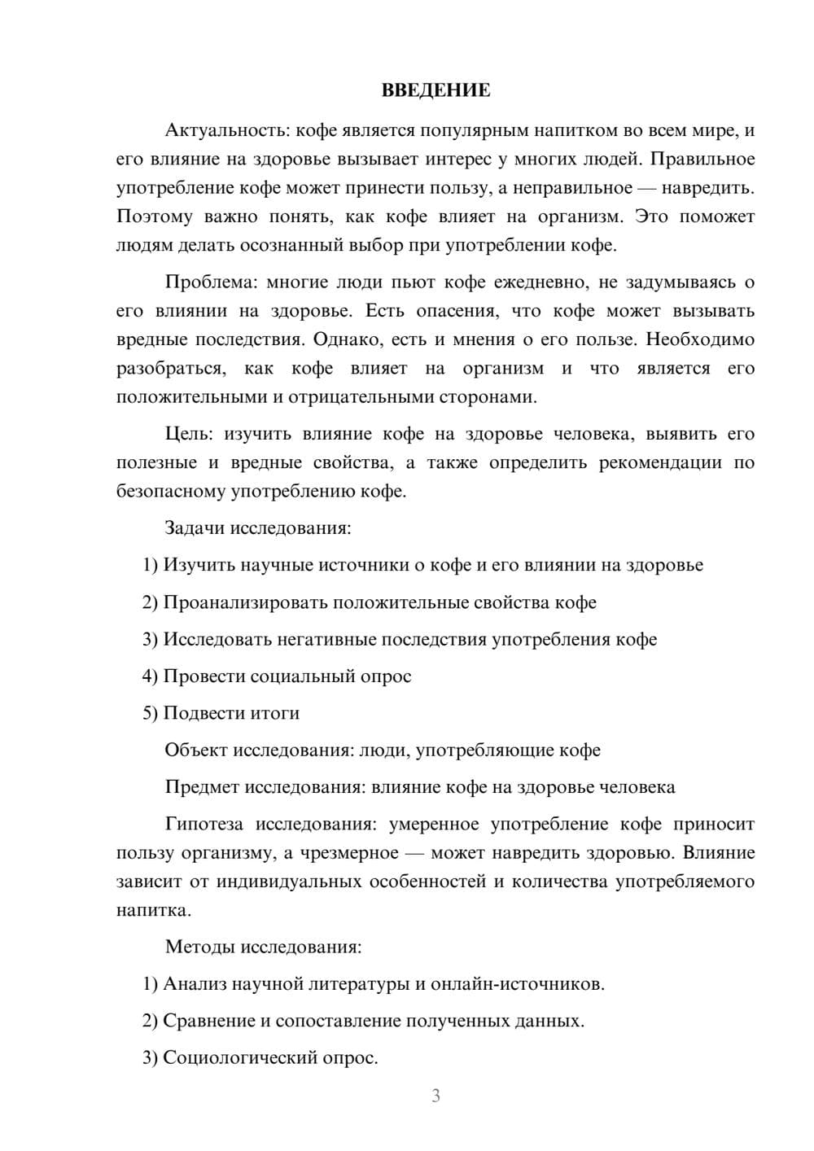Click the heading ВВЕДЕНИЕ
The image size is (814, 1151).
pyautogui.click(x=435, y=90)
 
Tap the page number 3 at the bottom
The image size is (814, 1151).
pyautogui.click(x=435, y=1096)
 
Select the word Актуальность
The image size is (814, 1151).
pyautogui.click(x=226, y=130)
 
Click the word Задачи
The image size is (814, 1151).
pyautogui.click(x=195, y=527)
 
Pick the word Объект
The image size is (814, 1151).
pyautogui.click(x=196, y=750)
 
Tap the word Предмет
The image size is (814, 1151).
pyautogui.click(x=202, y=787)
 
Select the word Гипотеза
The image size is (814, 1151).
pyautogui.click(x=203, y=824)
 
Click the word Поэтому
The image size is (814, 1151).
pyautogui.click(x=155, y=217)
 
